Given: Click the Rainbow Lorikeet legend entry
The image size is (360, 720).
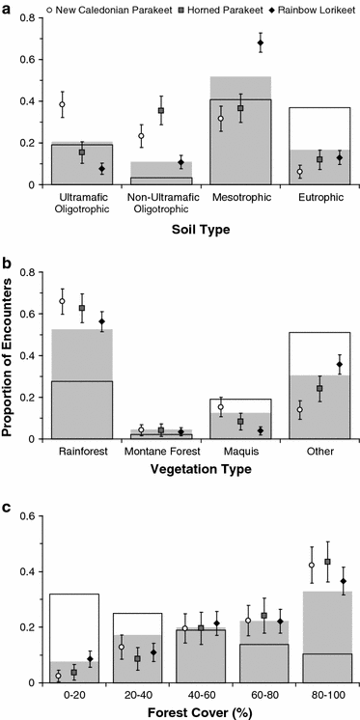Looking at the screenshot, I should (307, 9).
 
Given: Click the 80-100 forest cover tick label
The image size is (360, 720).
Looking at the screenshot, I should (318, 694).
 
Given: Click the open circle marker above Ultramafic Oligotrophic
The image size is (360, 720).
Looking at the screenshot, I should (63, 104).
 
